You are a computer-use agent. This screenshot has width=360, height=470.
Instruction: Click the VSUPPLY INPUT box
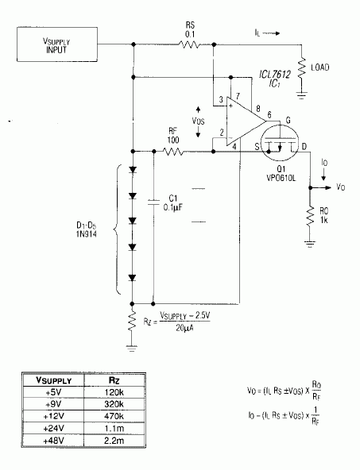pos(57,44)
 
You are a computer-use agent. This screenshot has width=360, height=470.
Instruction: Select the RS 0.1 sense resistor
pos(189,44)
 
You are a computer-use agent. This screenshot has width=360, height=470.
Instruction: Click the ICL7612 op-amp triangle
pos(246,121)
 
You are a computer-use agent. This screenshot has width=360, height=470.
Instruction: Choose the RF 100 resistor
pos(173,152)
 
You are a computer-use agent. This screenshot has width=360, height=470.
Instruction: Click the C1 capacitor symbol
pos(153,202)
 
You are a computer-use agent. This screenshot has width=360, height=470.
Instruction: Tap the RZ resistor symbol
pos(132,322)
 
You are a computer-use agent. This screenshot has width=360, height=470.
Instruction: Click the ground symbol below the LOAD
pos(301,95)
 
